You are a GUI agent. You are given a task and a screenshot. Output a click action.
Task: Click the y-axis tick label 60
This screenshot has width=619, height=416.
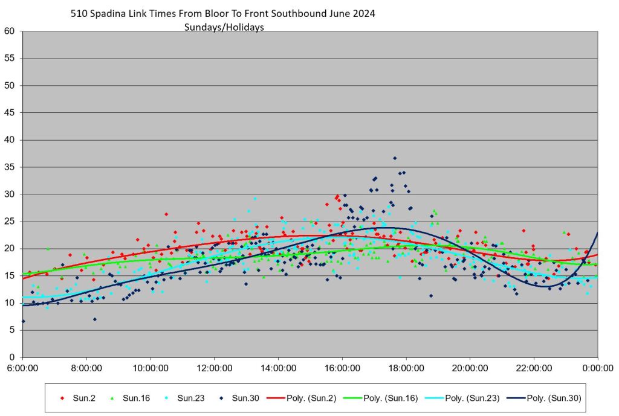pos(10,31)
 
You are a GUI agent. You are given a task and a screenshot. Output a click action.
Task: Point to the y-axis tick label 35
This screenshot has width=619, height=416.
pos(10,167)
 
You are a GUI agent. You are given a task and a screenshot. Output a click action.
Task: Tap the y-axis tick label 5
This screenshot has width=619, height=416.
pos(13,330)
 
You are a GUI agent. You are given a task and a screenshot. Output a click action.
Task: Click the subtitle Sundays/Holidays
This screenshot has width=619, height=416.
pos(224,27)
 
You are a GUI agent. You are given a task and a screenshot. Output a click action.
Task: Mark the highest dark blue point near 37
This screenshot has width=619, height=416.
pos(395,158)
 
